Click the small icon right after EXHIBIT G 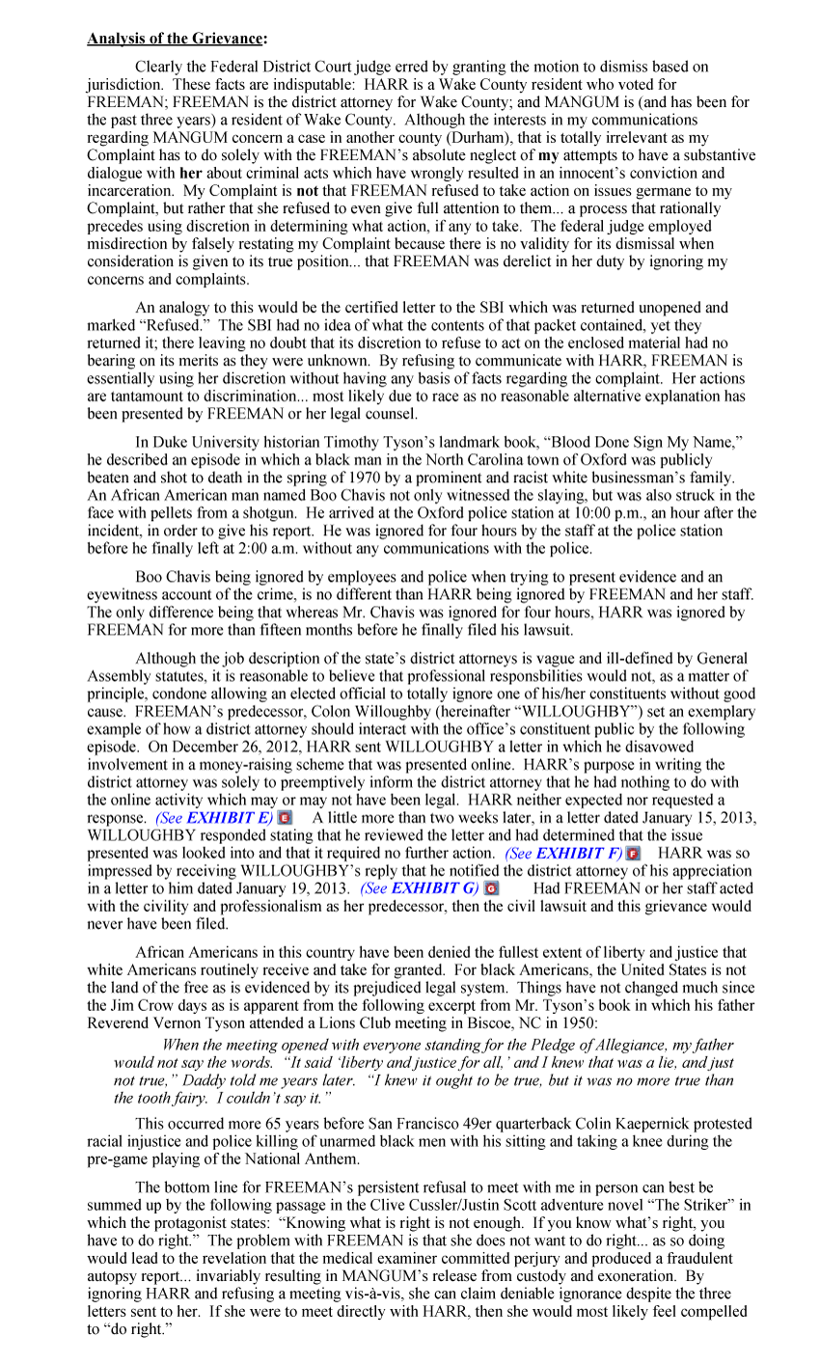[x=490, y=887]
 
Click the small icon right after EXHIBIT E [x=285, y=818]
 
